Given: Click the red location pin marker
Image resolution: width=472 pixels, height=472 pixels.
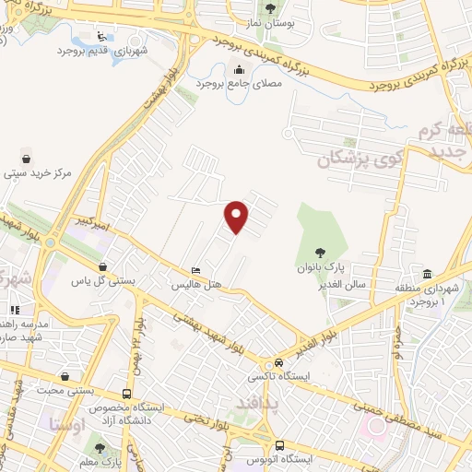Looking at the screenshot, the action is (238, 216).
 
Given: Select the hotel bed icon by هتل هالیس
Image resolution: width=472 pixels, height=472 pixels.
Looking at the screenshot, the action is (195, 270).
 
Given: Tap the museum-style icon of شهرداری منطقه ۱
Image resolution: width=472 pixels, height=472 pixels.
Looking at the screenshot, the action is (428, 275).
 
